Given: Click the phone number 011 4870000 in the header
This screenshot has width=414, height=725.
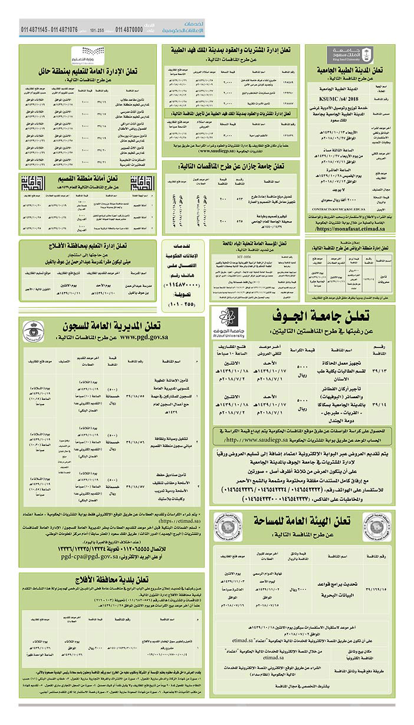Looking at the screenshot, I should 129,29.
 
